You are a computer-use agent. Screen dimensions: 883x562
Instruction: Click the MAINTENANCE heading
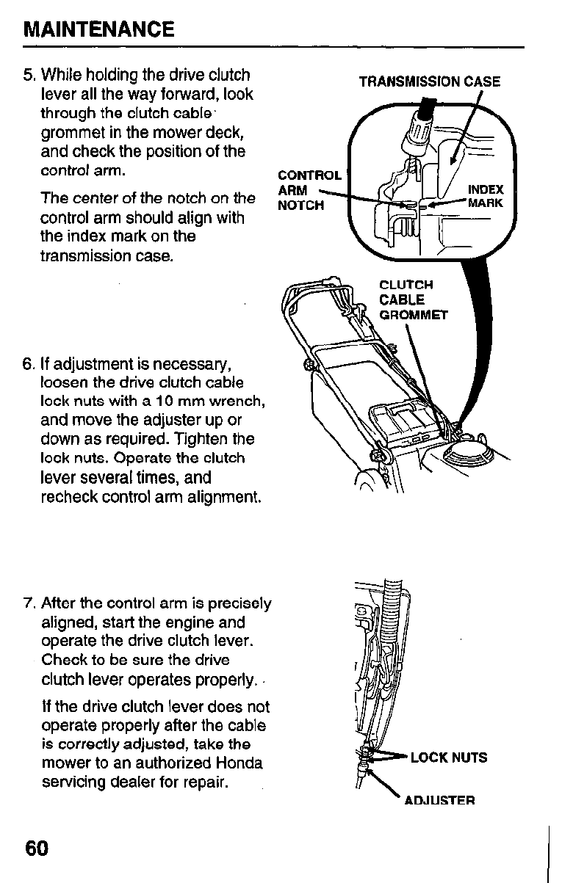(x=99, y=30)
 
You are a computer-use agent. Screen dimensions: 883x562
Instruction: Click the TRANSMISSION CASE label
(x=429, y=82)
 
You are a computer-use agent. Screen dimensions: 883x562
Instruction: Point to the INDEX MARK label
(x=485, y=196)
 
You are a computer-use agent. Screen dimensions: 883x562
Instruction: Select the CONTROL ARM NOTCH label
(x=308, y=190)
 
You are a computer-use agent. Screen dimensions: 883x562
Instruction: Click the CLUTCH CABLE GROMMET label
(x=413, y=300)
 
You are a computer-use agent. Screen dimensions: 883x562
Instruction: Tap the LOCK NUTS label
(x=448, y=757)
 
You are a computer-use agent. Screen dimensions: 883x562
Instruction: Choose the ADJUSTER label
(x=439, y=799)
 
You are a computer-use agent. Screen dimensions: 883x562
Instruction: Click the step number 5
(x=29, y=76)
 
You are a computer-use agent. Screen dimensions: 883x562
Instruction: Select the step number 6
(x=29, y=364)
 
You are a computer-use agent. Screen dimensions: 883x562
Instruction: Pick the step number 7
(x=29, y=604)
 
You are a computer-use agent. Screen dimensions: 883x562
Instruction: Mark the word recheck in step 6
(x=70, y=497)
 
